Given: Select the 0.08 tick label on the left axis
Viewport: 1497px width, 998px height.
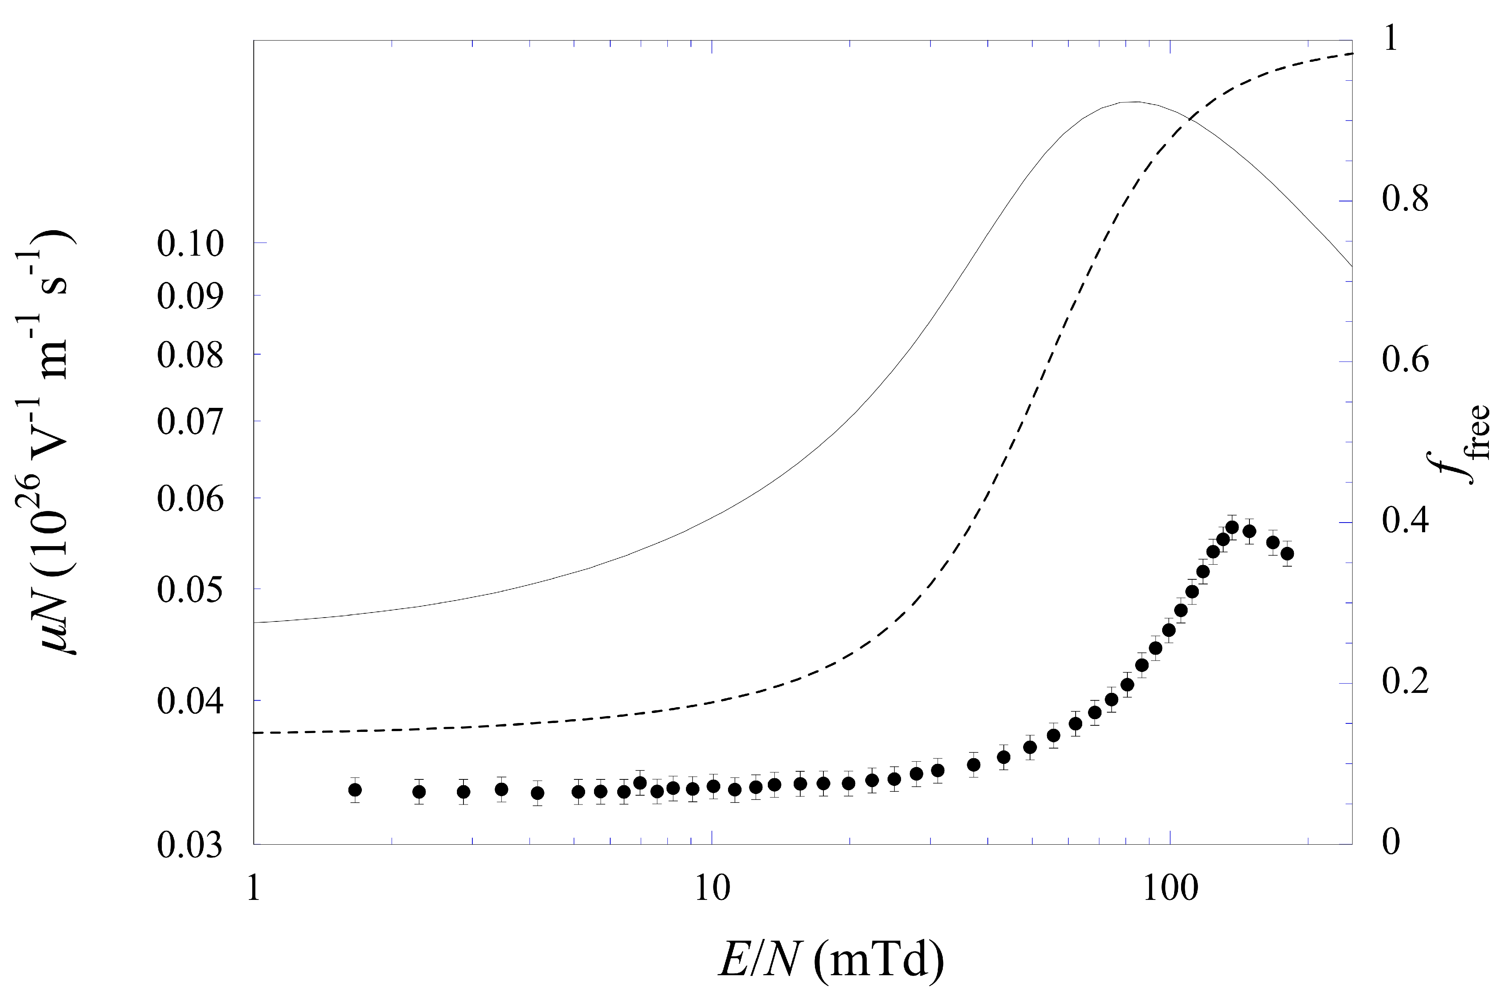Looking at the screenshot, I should (190, 355).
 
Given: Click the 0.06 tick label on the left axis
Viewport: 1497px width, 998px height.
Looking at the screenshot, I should (190, 499).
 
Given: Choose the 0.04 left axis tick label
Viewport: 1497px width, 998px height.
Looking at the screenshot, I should (190, 701).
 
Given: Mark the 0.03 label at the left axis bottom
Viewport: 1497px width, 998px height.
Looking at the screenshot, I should (190, 845).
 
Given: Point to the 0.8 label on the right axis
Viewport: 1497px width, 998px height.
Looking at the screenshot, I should (1405, 199).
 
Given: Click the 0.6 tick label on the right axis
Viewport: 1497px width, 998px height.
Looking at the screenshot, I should (1405, 360).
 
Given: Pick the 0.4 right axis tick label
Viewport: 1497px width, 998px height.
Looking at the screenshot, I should (1405, 521).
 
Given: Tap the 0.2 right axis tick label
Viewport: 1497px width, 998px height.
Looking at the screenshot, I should (1405, 682).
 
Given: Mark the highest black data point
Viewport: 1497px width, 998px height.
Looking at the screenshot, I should (1232, 528).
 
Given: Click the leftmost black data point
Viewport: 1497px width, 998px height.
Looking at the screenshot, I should (355, 790).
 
